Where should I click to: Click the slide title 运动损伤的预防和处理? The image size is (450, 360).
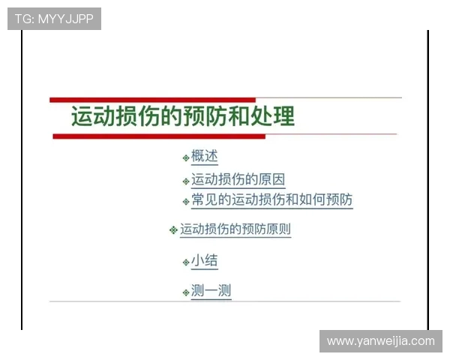click(183, 117)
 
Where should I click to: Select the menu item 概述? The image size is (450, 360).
click(204, 156)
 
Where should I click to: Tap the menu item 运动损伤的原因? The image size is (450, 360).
click(238, 180)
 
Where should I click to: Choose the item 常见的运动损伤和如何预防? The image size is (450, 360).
click(271, 200)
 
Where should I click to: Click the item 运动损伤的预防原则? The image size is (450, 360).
click(235, 229)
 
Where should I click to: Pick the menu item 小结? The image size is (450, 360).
click(204, 261)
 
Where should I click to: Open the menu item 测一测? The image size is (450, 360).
click(211, 291)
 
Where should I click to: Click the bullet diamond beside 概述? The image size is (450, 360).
click(185, 157)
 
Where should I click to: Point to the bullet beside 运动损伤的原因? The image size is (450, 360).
click(185, 181)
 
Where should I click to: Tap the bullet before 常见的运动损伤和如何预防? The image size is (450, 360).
click(185, 201)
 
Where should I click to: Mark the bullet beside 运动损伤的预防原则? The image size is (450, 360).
click(173, 230)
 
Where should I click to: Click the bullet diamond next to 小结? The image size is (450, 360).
click(185, 262)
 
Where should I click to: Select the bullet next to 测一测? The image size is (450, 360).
click(185, 292)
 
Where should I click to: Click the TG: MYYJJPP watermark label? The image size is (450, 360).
click(54, 19)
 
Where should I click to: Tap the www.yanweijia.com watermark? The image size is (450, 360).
click(380, 341)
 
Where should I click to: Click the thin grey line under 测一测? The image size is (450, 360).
click(225, 301)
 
